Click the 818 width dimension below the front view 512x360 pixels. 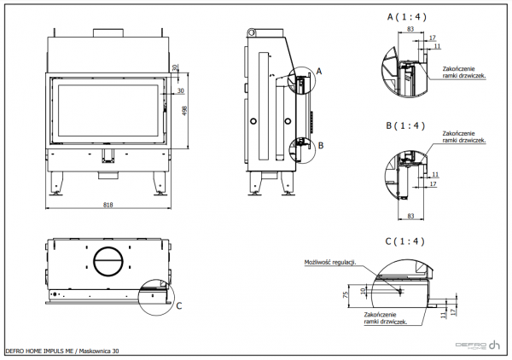(108, 205)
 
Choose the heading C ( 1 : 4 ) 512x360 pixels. (404, 241)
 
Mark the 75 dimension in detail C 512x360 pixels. (345, 295)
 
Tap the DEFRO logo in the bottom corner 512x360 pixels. (476, 345)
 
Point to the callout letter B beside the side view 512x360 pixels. (320, 146)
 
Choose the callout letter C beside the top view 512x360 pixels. (178, 305)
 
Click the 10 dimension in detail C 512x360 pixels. (364, 290)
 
